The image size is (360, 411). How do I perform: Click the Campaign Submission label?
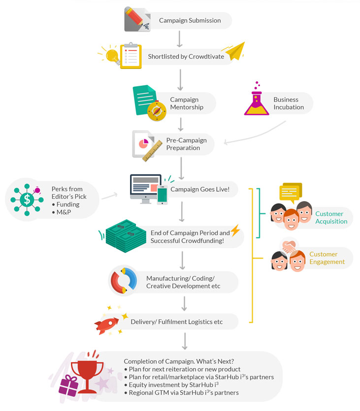point(190,21)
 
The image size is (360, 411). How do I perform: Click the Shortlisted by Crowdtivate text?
point(186,57)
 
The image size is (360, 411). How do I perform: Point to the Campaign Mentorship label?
point(186,103)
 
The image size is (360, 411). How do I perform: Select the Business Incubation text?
point(289,103)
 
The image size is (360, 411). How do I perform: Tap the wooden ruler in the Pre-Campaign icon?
point(153,150)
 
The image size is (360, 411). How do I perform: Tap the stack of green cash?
point(126,236)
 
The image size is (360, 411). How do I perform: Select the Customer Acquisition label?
point(331,217)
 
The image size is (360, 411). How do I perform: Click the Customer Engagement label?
point(327,258)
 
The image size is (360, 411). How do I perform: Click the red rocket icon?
point(107,324)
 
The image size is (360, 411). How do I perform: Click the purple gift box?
point(68,386)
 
